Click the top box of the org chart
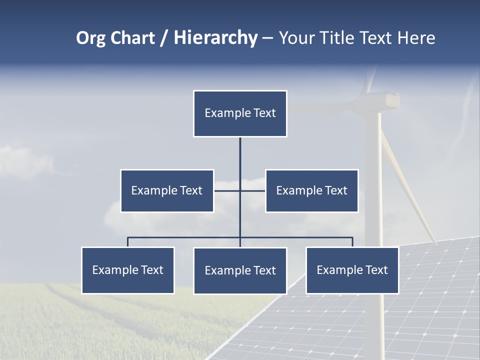(x=240, y=113)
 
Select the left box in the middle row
(x=167, y=190)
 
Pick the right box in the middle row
(x=311, y=190)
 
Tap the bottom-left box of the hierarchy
(x=128, y=270)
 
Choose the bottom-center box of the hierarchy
(x=240, y=270)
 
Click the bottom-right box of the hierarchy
(x=352, y=270)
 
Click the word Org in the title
(x=91, y=38)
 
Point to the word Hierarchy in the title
(x=215, y=38)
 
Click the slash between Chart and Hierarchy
(x=164, y=38)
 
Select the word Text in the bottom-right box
(x=376, y=270)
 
